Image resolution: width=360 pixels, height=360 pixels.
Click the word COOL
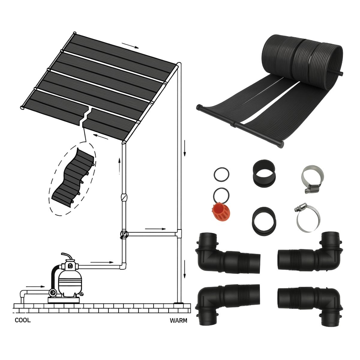pos(23,320)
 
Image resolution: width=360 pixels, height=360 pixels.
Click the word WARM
pos(178,321)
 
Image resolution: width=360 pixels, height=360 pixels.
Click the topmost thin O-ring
pos(222,175)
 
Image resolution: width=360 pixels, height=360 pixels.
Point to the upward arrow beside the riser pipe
pos(120,164)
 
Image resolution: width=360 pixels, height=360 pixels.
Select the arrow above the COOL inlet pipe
pos(35,286)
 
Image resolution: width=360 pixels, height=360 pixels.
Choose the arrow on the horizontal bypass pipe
pos(155,229)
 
